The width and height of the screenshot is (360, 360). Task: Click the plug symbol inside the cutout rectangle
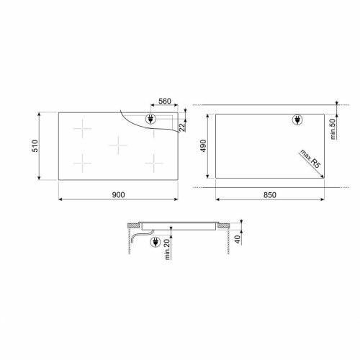click(297, 121)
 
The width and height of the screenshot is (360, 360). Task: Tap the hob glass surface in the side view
click(180, 224)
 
